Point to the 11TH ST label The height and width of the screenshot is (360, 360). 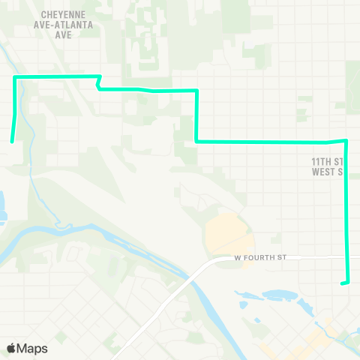coord(327,161)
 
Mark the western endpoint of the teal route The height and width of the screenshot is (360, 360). coord(11,140)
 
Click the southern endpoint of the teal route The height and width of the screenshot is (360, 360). coord(342,283)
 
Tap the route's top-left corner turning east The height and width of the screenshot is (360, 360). coord(15,78)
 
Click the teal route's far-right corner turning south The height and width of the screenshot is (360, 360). coord(346,140)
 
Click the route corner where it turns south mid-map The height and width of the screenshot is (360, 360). coord(196,91)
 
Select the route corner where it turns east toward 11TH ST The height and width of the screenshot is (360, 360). coord(196,141)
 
